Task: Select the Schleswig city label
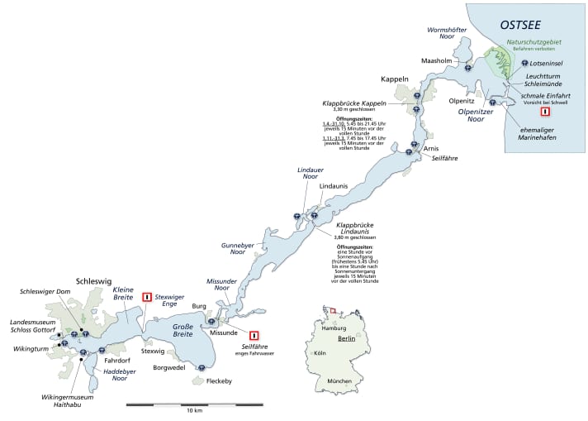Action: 93,281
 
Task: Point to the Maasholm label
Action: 439,60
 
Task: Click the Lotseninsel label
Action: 548,62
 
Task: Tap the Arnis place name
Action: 430,148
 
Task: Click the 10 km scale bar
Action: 194,404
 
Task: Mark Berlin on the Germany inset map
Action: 344,339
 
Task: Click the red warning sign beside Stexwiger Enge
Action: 147,297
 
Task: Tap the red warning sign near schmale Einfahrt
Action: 544,112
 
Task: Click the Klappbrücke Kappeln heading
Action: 354,103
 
